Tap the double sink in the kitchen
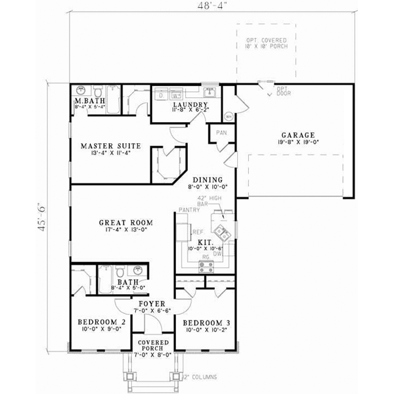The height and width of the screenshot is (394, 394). pos(223,232)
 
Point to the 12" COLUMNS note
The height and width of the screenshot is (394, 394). pos(198,378)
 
